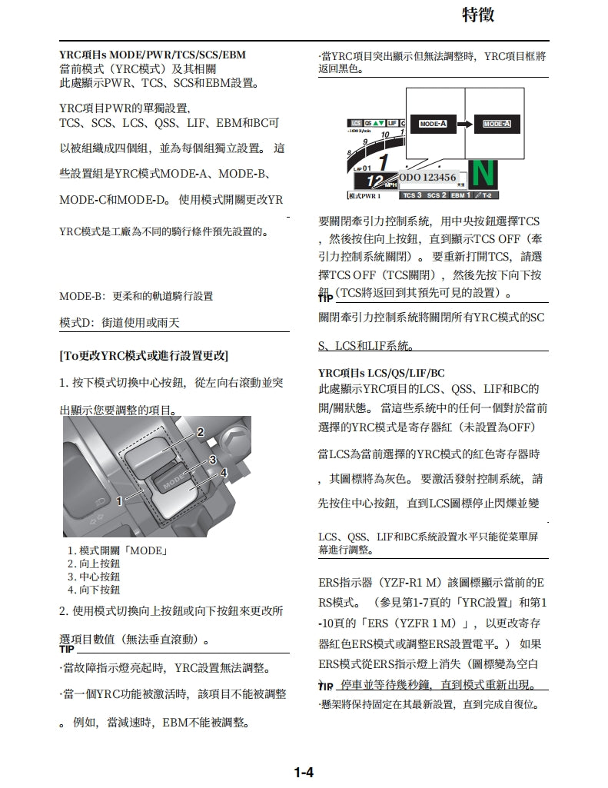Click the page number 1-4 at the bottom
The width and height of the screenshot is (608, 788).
(x=304, y=771)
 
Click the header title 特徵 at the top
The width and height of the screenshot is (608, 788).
(x=478, y=14)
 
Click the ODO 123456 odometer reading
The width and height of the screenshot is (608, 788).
(x=429, y=178)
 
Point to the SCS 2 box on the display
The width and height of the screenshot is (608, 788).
(x=437, y=195)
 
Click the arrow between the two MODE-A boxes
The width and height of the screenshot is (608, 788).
(x=464, y=124)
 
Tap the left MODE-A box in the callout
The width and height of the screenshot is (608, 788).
(x=434, y=124)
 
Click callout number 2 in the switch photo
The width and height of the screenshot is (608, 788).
(x=200, y=432)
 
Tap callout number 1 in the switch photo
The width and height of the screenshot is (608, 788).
(x=119, y=501)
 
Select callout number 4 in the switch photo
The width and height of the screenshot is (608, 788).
(x=224, y=472)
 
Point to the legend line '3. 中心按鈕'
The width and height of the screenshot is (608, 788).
(x=94, y=577)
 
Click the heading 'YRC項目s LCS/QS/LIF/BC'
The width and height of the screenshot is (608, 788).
(x=381, y=373)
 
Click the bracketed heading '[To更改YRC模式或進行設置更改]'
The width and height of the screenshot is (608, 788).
(x=144, y=356)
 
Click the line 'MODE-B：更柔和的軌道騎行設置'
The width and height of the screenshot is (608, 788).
(x=136, y=296)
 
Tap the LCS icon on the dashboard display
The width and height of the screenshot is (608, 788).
(x=356, y=123)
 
